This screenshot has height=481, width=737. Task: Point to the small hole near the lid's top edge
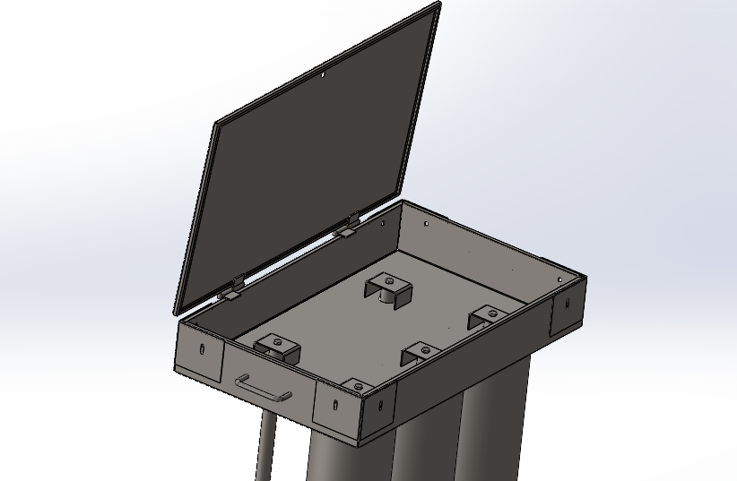click(323, 75)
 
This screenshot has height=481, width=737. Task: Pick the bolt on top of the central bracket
click(389, 279)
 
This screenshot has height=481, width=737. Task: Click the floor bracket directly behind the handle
click(276, 347)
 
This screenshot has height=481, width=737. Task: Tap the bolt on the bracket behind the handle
click(277, 341)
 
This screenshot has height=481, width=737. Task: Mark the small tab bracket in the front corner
click(358, 385)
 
